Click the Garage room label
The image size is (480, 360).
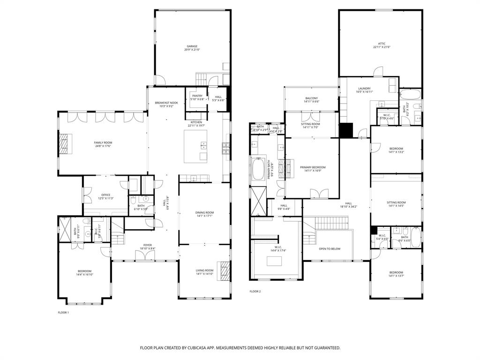[192, 46]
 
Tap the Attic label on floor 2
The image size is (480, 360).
[382, 44]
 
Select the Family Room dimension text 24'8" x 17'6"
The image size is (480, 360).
[103, 146]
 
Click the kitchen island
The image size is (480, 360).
[195, 146]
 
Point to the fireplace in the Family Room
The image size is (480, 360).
[64, 144]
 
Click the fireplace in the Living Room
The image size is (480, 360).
[225, 270]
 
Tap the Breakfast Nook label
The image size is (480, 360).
[166, 103]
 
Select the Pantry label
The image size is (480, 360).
[197, 96]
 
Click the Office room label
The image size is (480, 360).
[105, 195]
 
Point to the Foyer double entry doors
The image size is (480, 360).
[145, 255]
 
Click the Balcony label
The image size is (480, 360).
[311, 98]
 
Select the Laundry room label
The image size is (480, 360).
[364, 89]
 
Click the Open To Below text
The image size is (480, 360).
[330, 249]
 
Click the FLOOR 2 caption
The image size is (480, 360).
[255, 291]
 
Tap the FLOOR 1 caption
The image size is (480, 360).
[63, 312]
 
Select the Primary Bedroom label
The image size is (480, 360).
[313, 167]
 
